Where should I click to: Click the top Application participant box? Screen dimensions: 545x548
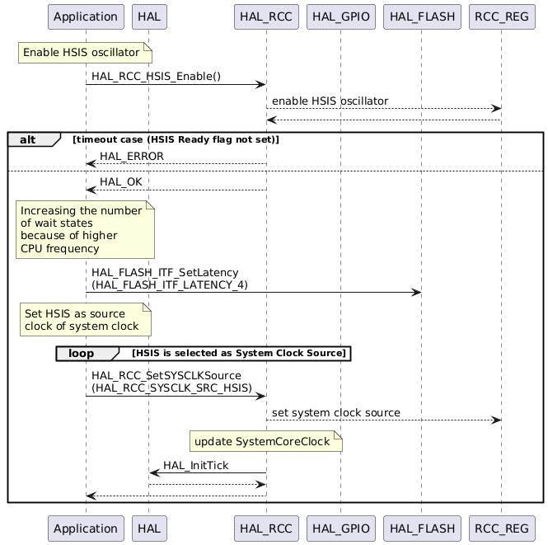click(x=86, y=16)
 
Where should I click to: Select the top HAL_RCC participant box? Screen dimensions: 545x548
click(x=265, y=16)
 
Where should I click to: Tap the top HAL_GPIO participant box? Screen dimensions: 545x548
click(x=340, y=16)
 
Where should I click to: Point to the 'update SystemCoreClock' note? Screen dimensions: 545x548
click(x=265, y=443)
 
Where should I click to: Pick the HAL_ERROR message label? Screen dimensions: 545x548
click(x=131, y=156)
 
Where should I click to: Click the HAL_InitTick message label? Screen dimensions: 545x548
click(x=195, y=465)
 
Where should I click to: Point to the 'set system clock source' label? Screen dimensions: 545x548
click(x=336, y=412)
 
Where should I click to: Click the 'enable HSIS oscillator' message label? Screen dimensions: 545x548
click(x=330, y=101)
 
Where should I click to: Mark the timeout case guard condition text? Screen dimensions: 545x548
click(x=176, y=139)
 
